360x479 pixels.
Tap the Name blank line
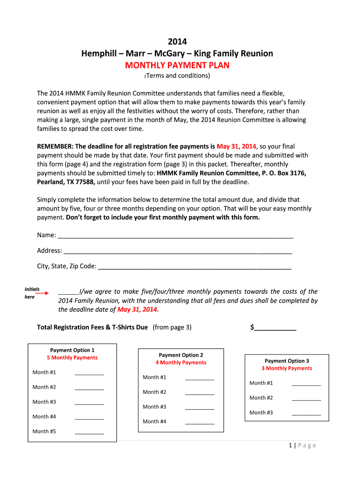click(x=175, y=235)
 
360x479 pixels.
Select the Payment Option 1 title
click(x=72, y=350)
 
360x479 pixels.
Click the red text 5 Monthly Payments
click(x=72, y=358)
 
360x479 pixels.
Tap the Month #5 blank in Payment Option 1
click(x=89, y=432)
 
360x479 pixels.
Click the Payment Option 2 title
click(x=181, y=355)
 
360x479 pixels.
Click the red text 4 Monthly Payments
click(x=181, y=363)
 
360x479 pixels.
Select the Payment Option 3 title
click(x=287, y=361)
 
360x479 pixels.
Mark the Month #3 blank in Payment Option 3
click(x=306, y=414)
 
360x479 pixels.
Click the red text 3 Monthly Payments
click(x=287, y=369)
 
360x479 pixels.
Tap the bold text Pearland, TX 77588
click(x=66, y=182)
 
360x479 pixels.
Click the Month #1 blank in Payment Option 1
click(x=89, y=373)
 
